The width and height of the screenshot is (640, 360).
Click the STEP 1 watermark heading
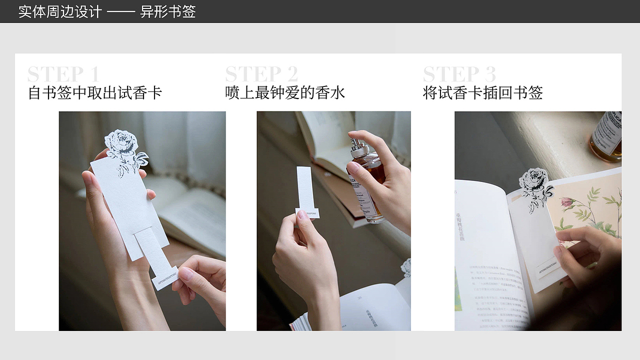pos(63,74)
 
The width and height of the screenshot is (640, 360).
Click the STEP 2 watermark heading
pos(261,74)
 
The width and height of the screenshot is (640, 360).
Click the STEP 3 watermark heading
pos(459,74)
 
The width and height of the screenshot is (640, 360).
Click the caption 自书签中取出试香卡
pos(95,93)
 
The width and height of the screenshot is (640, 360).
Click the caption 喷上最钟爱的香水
pos(285,93)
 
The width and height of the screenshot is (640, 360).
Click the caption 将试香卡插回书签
pos(482,93)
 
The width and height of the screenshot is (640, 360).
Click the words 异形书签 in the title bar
pos(168,11)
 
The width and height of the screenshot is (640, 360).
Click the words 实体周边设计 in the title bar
pos(60,11)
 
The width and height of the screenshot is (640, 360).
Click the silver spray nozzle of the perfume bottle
pos(358,147)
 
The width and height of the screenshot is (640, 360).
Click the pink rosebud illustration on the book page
pos(567,202)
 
